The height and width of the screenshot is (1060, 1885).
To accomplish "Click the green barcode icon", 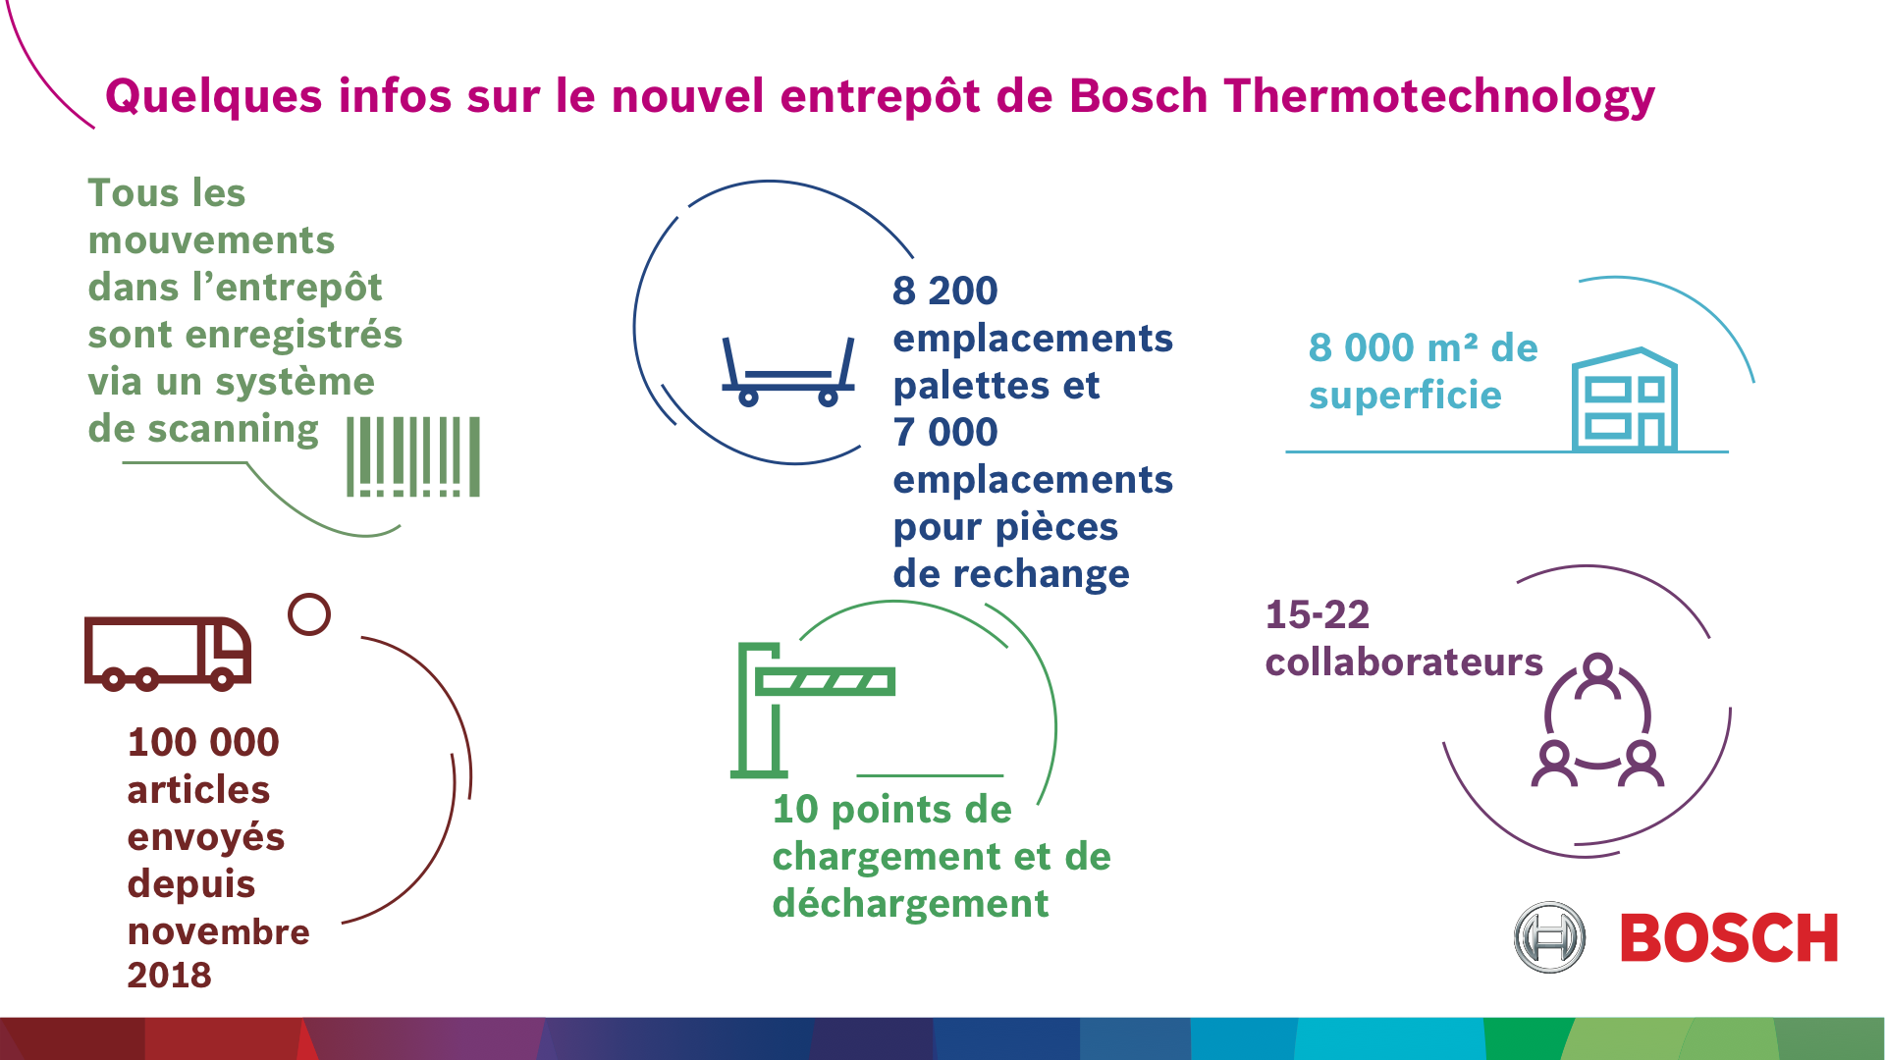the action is point(413,456).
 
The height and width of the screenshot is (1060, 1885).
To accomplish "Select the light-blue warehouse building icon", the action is point(1625,399).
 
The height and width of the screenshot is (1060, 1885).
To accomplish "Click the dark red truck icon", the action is point(168,654).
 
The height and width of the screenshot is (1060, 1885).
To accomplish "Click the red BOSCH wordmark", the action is point(1729,938).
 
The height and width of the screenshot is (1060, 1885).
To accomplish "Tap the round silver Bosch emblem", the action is point(1549,937).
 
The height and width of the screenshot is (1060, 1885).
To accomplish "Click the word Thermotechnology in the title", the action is point(1439,97).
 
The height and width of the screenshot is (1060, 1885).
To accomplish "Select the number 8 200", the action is point(944,291).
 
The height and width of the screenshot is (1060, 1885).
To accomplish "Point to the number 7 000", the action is point(944,432).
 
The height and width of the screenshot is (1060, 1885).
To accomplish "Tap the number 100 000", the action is point(203,742).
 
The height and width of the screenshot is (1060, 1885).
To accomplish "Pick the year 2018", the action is point(169,975).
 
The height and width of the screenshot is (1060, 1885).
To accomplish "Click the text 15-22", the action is point(1317,615).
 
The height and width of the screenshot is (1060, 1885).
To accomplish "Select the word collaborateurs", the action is point(1404,662).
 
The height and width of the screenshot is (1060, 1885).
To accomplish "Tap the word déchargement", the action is point(910,904).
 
